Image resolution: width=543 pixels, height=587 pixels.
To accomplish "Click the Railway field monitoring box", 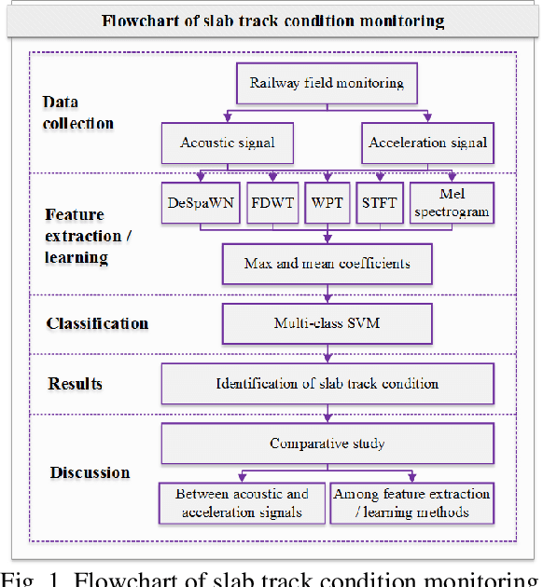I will pyautogui.click(x=327, y=83).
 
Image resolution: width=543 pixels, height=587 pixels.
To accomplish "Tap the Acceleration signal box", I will pyautogui.click(x=426, y=143).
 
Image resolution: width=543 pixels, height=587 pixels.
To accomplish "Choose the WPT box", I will pyautogui.click(x=327, y=204).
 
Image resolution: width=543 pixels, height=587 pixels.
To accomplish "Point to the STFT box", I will pyautogui.click(x=380, y=204).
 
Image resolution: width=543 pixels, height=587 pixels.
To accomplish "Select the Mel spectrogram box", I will pyautogui.click(x=452, y=203).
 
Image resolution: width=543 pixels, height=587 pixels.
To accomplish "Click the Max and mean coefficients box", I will pyautogui.click(x=327, y=264).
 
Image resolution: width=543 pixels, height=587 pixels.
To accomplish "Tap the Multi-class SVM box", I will pyautogui.click(x=327, y=324).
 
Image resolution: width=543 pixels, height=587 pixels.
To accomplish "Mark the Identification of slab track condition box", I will pyautogui.click(x=327, y=383).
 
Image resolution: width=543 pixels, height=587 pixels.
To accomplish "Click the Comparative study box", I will pyautogui.click(x=327, y=443).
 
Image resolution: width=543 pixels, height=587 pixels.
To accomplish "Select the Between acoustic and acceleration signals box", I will pyautogui.click(x=242, y=503).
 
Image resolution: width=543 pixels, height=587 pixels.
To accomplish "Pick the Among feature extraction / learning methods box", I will pyautogui.click(x=411, y=503).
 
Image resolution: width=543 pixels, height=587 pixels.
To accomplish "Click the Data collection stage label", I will pyautogui.click(x=78, y=113).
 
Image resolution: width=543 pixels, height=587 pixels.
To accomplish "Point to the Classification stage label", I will pyautogui.click(x=98, y=324).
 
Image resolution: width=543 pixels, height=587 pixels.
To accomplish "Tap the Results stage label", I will pyautogui.click(x=76, y=384).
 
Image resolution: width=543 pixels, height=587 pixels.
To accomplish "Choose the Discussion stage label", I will pyautogui.click(x=90, y=472).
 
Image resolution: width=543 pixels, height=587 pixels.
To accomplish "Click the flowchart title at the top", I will pyautogui.click(x=271, y=20).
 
